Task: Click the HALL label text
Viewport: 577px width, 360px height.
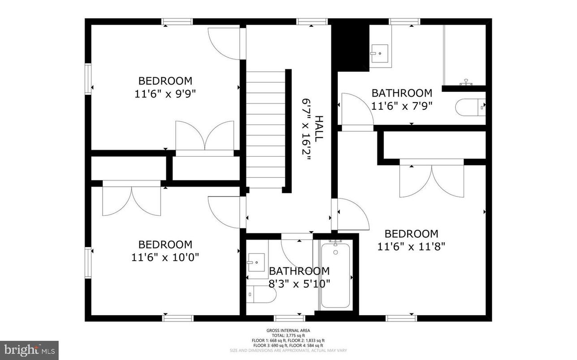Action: click(x=319, y=129)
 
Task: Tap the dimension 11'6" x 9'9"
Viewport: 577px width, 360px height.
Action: click(x=165, y=94)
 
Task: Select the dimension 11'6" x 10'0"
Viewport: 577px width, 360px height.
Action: click(x=165, y=257)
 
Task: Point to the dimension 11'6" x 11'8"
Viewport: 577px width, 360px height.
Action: click(x=411, y=246)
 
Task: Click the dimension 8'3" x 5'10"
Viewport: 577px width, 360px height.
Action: click(x=299, y=283)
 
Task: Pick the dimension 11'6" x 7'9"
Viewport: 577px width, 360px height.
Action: click(x=402, y=106)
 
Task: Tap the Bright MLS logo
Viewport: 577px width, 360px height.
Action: click(x=29, y=350)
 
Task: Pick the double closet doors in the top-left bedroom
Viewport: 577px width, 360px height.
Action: click(x=205, y=136)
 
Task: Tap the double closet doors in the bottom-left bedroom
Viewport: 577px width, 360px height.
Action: click(x=132, y=200)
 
